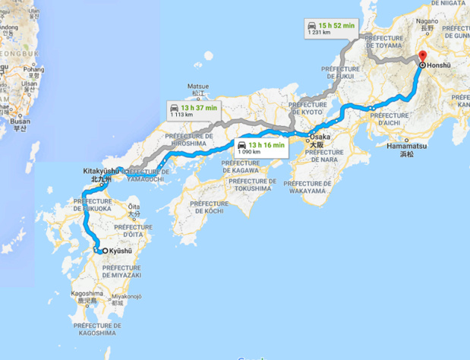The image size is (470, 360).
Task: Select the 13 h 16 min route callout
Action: [x=260, y=147]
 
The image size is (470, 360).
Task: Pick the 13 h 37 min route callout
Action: [x=195, y=111]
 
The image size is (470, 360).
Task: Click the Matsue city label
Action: [x=197, y=87]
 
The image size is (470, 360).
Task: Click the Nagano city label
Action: [x=427, y=23]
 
